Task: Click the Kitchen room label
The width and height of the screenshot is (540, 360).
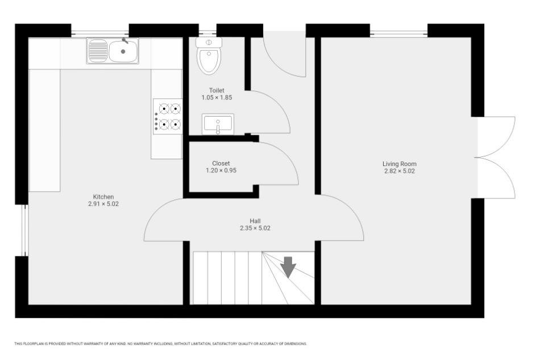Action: [x=103, y=197]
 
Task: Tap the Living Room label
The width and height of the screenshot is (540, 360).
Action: [x=400, y=164]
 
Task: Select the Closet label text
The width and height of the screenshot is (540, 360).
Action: [x=221, y=163]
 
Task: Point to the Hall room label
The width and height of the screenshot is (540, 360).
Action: [x=255, y=221]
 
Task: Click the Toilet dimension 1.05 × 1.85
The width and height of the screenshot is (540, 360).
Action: [x=217, y=97]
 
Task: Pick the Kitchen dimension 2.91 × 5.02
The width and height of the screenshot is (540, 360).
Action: [x=103, y=204]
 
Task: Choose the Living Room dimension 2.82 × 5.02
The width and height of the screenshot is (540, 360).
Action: [x=400, y=171]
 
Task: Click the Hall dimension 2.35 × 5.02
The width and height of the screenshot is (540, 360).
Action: [x=255, y=228]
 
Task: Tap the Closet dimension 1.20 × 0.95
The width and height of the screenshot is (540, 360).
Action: [x=221, y=171]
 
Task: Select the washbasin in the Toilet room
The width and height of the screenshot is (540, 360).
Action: [x=218, y=124]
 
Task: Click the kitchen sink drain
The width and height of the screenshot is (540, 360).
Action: [x=123, y=52]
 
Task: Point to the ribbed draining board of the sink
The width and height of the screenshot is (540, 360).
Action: [x=98, y=51]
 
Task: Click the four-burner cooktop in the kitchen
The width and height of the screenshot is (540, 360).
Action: [x=168, y=117]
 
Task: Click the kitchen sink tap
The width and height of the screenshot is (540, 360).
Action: [x=125, y=40]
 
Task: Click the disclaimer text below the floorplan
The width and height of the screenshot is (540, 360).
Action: [x=160, y=344]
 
